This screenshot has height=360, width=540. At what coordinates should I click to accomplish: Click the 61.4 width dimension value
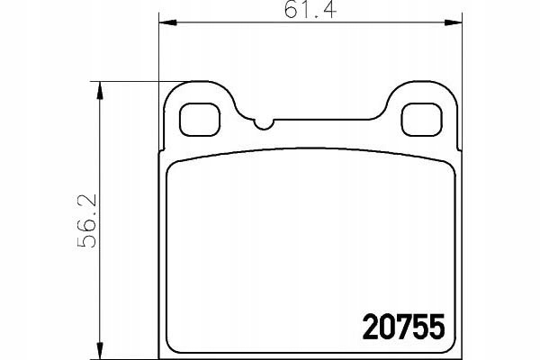click(310, 9)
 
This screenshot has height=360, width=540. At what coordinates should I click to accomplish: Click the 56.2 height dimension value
click(86, 220)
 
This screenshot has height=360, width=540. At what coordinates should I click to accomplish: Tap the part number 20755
click(403, 327)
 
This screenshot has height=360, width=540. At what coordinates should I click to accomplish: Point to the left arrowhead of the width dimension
click(167, 22)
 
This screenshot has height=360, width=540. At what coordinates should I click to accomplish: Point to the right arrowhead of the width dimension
click(453, 22)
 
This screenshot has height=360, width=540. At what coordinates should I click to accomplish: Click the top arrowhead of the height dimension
click(100, 90)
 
